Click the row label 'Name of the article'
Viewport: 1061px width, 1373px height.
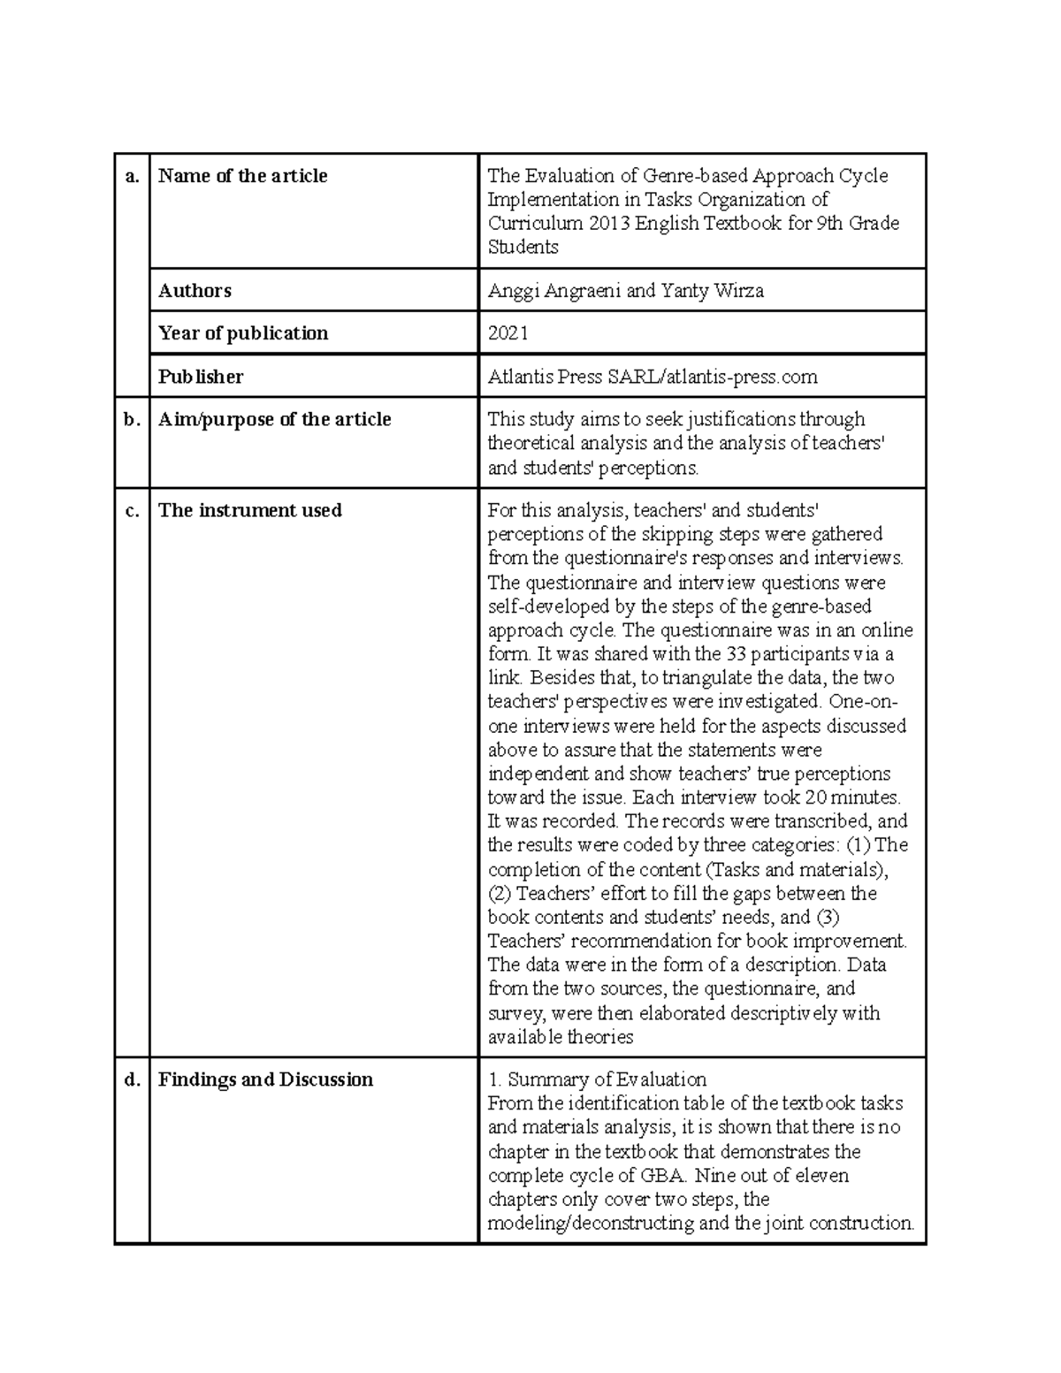click(x=242, y=176)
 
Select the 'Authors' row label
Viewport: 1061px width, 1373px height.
click(x=195, y=291)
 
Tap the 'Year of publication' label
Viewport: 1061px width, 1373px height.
click(x=243, y=333)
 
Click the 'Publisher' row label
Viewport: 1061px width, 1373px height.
click(x=201, y=377)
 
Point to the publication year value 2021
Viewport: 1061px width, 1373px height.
click(x=508, y=333)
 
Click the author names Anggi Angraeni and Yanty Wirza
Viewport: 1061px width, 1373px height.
click(x=625, y=291)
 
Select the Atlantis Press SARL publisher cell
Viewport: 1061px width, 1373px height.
click(x=653, y=377)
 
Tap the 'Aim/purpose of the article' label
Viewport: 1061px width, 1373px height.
click(x=274, y=419)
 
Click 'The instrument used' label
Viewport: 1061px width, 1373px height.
click(x=249, y=510)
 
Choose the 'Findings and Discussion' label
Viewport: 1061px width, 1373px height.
click(x=265, y=1079)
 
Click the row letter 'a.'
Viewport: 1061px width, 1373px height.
click(x=133, y=176)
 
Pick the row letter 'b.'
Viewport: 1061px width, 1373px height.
click(x=133, y=419)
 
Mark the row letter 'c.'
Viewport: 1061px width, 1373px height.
click(x=133, y=510)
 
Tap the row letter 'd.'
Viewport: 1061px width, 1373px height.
click(x=133, y=1079)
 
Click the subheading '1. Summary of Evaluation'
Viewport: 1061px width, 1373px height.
click(x=597, y=1079)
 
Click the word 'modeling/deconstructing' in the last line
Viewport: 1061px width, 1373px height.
click(x=591, y=1224)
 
